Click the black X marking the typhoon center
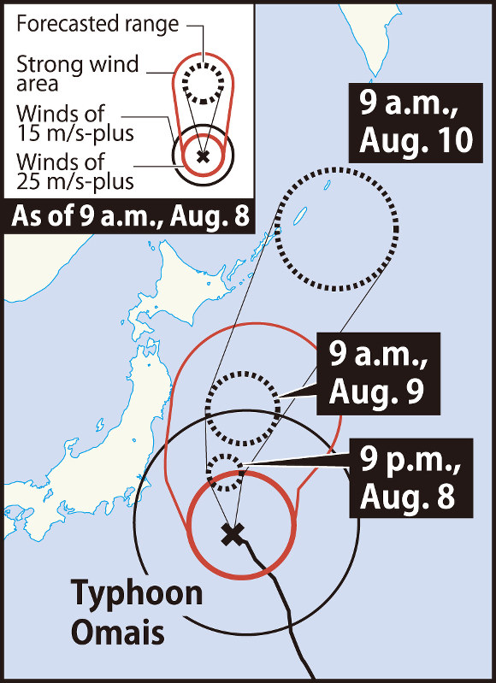(230, 535)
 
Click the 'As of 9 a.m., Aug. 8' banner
(131, 216)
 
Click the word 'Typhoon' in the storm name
(137, 593)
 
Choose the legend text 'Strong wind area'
(51, 73)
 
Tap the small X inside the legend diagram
(203, 156)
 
